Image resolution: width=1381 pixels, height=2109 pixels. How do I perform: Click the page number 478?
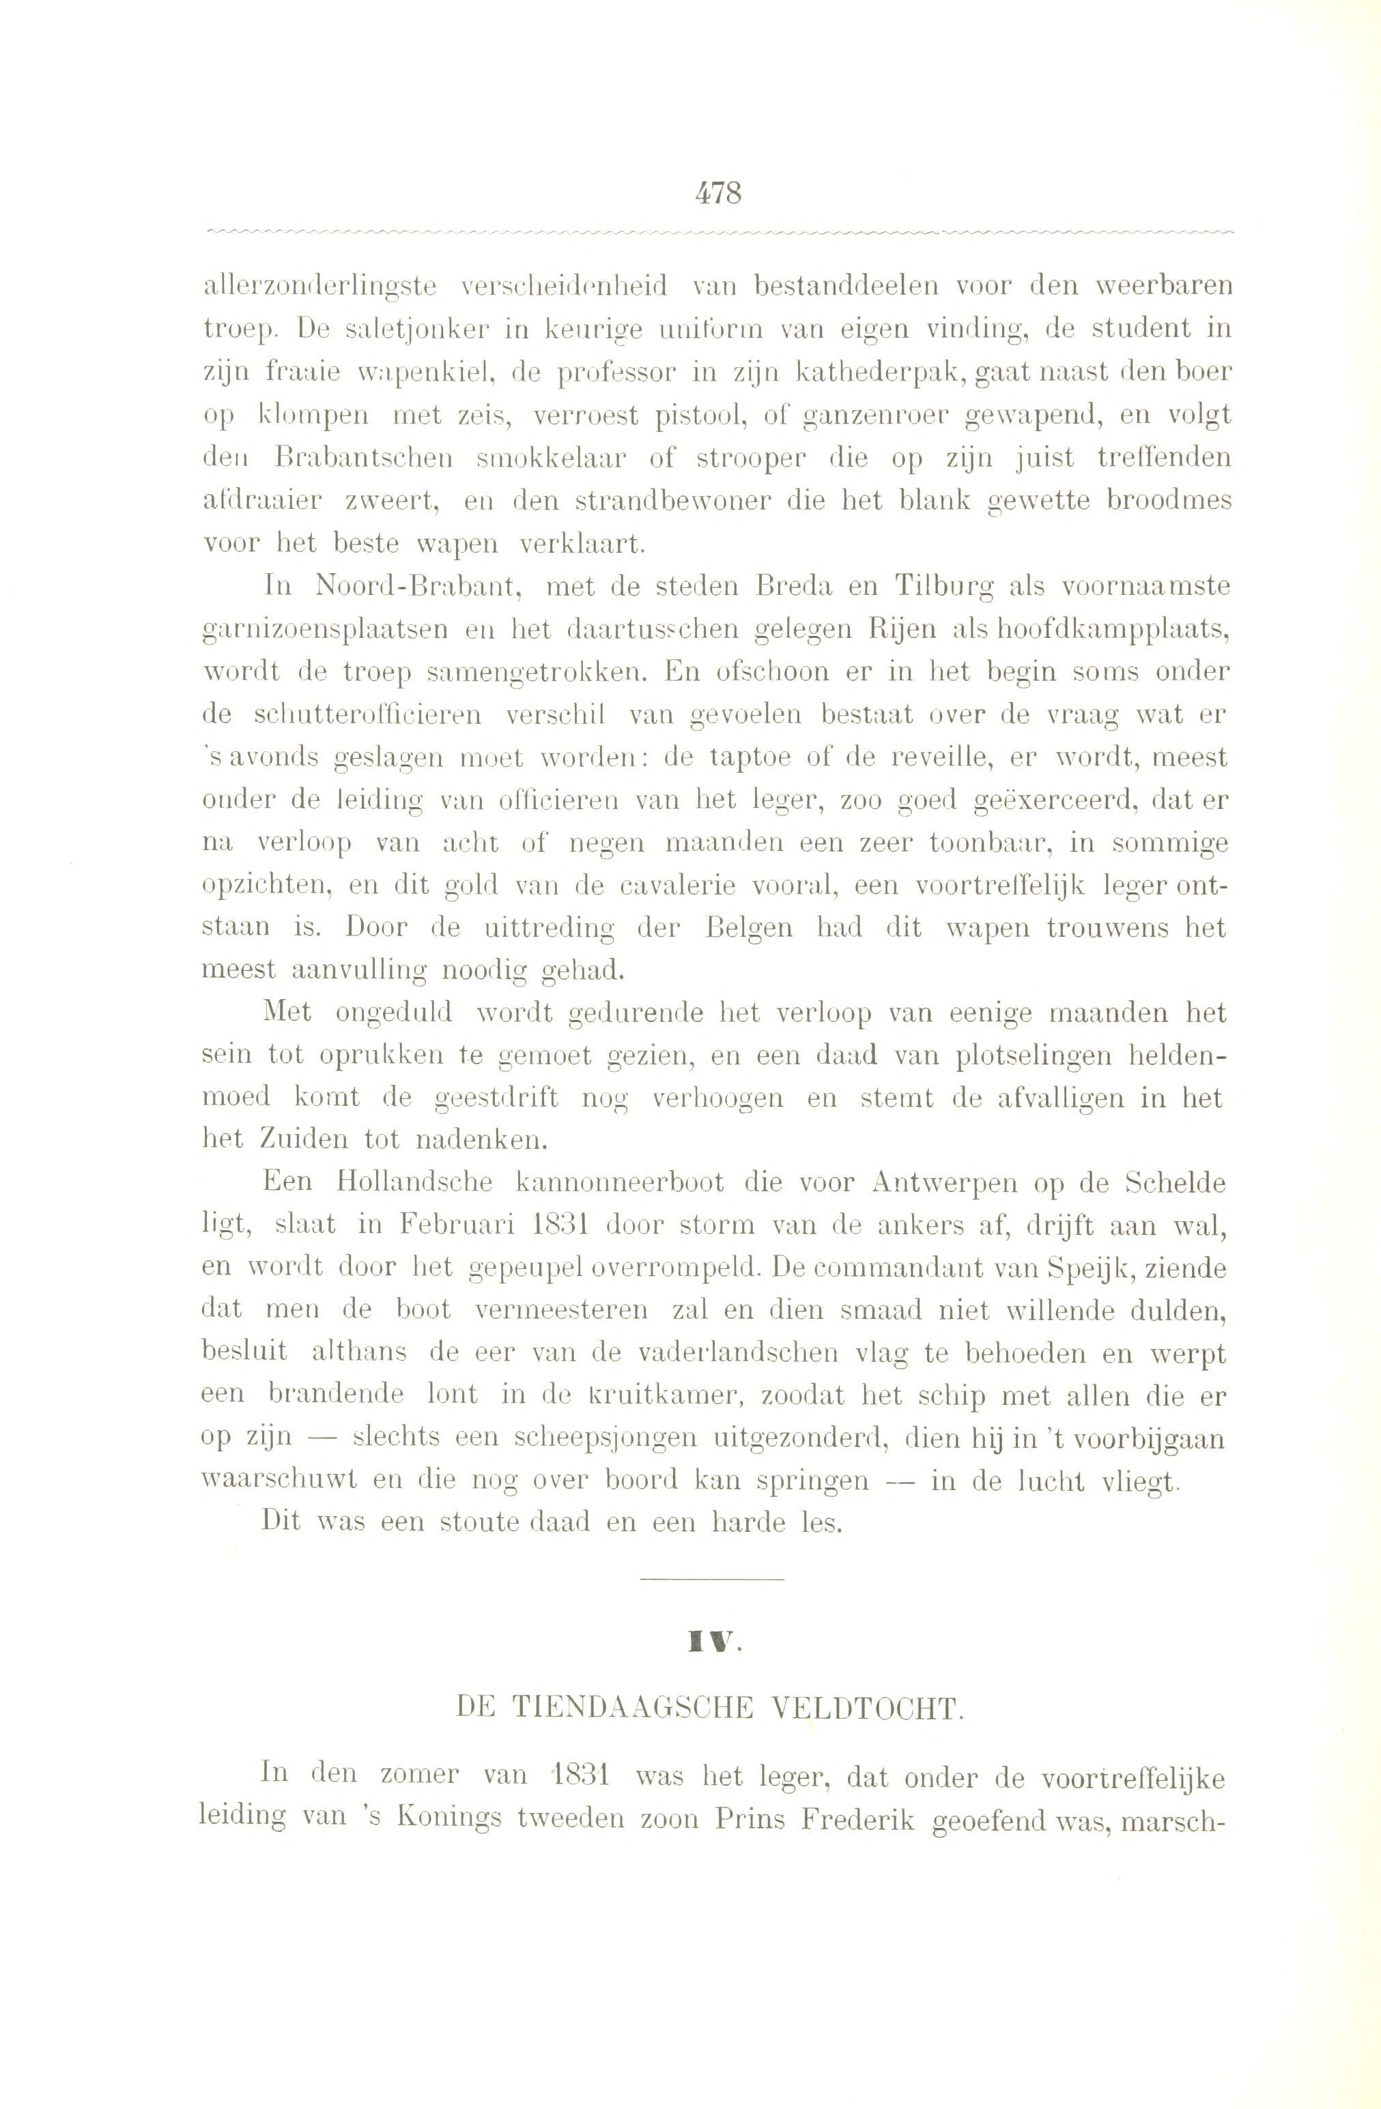tap(719, 192)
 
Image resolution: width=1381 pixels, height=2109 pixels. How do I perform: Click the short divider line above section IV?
tap(712, 1579)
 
